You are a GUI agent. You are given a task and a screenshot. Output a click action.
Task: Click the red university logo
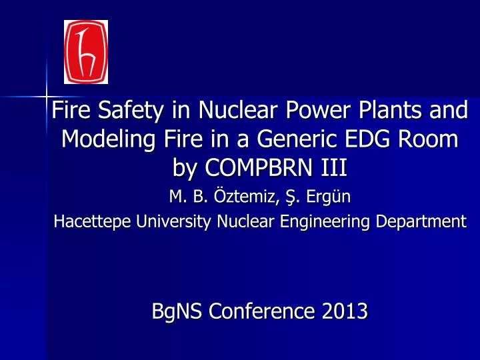85,52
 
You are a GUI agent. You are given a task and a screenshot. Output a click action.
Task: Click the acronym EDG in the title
382,140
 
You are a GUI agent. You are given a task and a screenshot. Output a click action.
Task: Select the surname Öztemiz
232,197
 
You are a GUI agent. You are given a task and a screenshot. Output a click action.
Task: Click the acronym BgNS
173,311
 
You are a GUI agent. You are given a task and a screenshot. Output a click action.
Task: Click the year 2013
345,311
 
